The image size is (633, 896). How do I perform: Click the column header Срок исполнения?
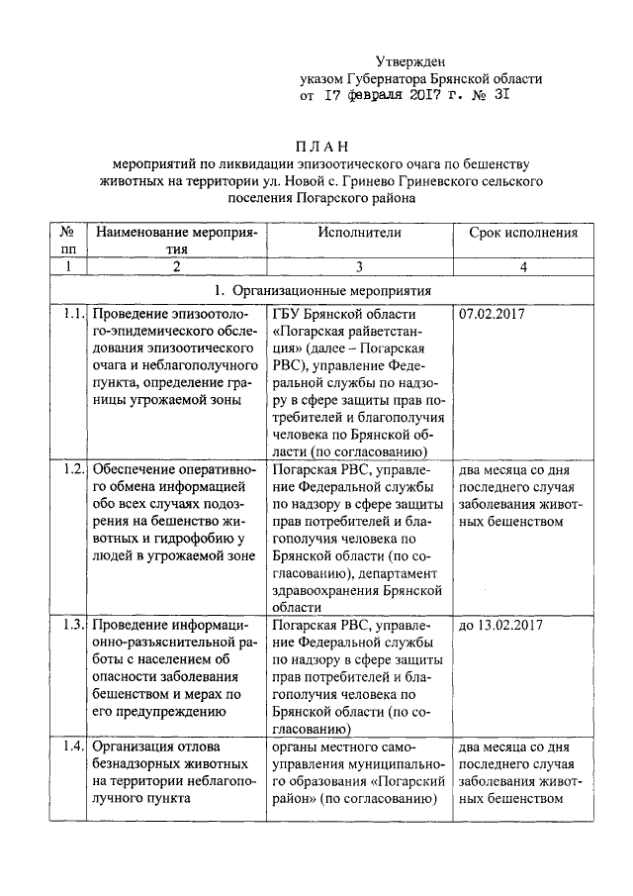(x=523, y=233)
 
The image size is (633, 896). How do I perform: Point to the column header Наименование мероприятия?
(x=176, y=241)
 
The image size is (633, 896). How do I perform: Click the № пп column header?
(x=66, y=241)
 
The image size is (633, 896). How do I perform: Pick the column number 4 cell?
(x=523, y=266)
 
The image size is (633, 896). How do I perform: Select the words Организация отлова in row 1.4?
(x=151, y=745)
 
